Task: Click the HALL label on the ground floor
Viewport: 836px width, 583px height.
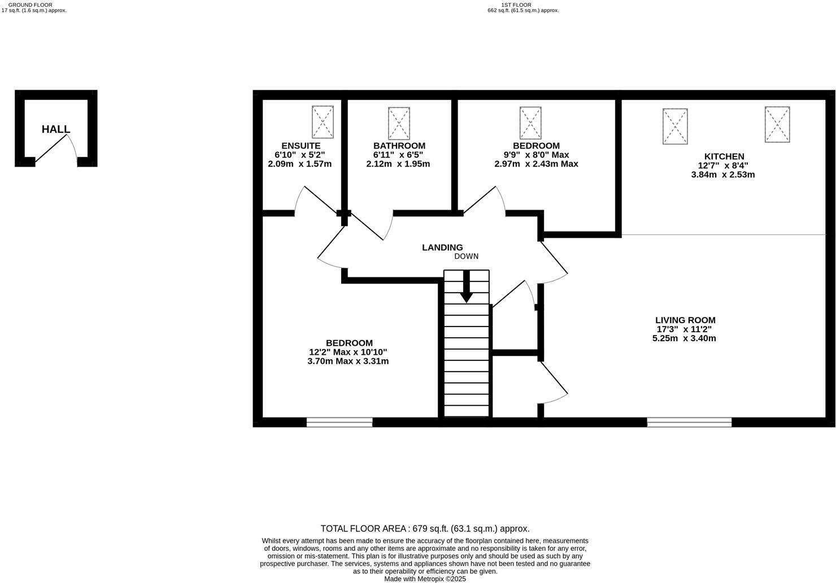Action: [x=55, y=129]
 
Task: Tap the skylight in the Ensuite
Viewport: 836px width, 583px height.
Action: [x=323, y=121]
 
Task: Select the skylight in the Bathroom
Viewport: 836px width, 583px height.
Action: [x=399, y=123]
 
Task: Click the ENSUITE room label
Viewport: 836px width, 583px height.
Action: [x=301, y=146]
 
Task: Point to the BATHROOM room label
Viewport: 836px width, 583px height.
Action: [x=399, y=146]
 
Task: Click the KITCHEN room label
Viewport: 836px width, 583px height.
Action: [x=724, y=156]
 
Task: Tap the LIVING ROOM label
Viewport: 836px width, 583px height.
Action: [x=685, y=320]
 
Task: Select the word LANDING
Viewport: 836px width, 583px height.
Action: [x=442, y=247]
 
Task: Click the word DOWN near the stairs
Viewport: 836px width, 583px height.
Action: [x=466, y=256]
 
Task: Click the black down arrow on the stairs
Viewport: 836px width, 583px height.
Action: [x=466, y=286]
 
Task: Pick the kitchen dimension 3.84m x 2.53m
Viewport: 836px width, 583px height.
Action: [x=723, y=175]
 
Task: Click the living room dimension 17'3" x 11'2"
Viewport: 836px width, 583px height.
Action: [x=684, y=329]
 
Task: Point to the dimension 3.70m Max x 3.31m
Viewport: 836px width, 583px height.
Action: [x=348, y=361]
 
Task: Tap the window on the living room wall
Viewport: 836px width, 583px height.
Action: [x=689, y=422]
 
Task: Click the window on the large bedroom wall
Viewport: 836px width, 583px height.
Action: [x=339, y=422]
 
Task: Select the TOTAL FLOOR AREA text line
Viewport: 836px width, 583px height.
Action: [x=425, y=529]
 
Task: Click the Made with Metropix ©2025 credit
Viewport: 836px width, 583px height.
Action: [x=425, y=579]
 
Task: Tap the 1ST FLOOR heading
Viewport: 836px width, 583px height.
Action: [x=516, y=5]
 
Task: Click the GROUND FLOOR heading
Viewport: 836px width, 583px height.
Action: [x=31, y=5]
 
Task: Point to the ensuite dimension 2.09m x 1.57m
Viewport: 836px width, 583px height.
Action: [x=300, y=163]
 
